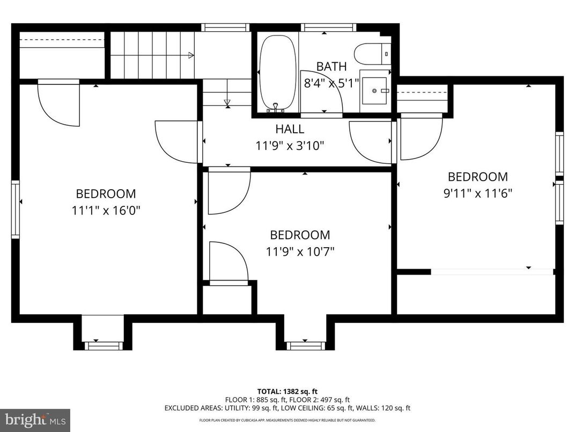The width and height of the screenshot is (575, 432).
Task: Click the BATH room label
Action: (x=331, y=67)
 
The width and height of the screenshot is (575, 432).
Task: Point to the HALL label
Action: (x=290, y=129)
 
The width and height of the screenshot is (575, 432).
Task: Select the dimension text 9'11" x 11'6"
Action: (x=477, y=193)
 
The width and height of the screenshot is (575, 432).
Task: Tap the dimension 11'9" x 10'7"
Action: (x=300, y=251)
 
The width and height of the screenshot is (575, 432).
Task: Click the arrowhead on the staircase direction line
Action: (x=191, y=55)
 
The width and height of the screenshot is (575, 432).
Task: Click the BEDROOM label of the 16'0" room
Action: (x=106, y=193)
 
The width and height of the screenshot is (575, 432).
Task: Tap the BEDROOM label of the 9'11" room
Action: (x=477, y=177)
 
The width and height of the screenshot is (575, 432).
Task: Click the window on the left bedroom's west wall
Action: (x=16, y=209)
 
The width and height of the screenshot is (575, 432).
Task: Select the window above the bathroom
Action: (x=328, y=27)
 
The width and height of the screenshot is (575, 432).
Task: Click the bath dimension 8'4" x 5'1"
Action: (x=331, y=83)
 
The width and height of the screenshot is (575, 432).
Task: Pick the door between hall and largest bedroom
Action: (x=177, y=141)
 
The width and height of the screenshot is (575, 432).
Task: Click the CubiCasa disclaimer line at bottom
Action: (x=287, y=420)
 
